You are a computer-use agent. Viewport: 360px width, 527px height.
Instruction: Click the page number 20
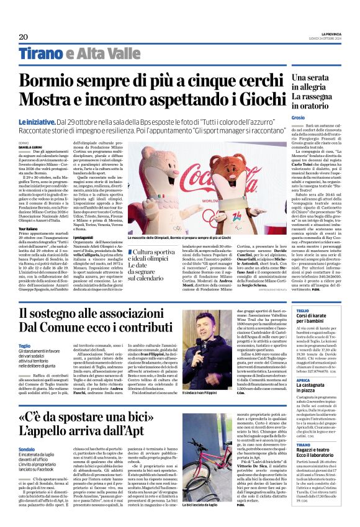click(24, 37)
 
